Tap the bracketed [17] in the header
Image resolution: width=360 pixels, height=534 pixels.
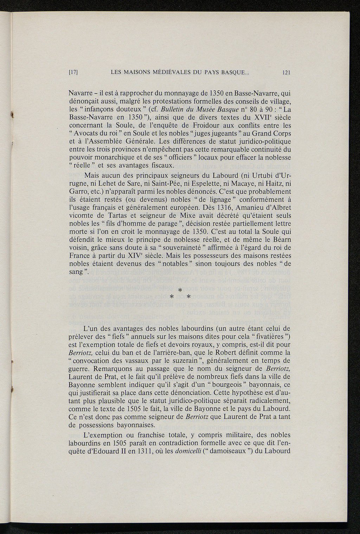(x=73, y=73)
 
